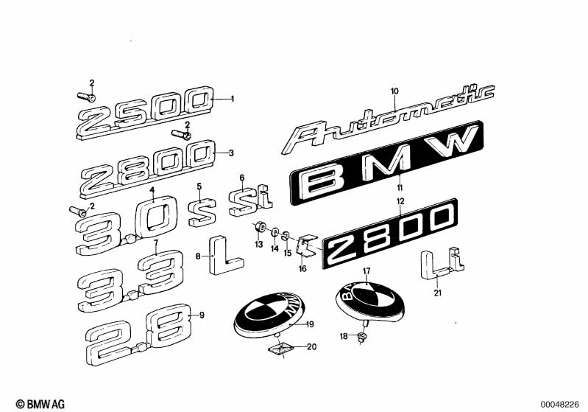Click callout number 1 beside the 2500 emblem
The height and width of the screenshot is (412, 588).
[x=232, y=98]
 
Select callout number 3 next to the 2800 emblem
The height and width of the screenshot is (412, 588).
[x=232, y=153]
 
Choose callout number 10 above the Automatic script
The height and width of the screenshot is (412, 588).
[x=394, y=91]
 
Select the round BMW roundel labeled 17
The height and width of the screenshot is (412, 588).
[x=365, y=302]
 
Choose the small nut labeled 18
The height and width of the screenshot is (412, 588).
[x=362, y=338]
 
